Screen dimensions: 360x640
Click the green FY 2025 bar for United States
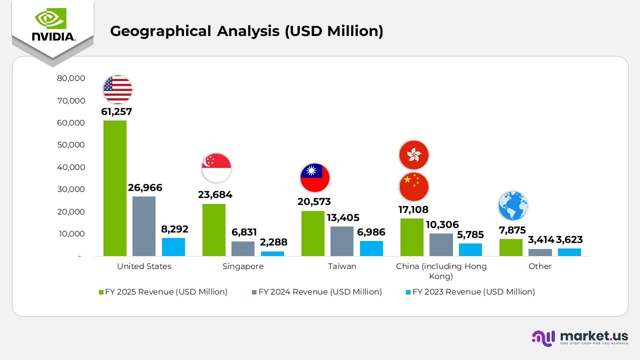(114, 188)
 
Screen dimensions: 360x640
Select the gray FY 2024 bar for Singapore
(243, 248)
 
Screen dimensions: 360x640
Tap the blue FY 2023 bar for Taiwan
(371, 248)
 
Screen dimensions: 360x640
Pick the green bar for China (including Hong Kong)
(411, 237)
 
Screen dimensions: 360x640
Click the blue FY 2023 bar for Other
(569, 252)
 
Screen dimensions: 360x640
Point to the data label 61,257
(116, 112)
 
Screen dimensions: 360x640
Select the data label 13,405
(342, 217)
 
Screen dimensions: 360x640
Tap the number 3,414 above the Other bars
(541, 239)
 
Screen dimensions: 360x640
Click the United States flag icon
(118, 89)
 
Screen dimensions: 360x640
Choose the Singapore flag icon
(216, 168)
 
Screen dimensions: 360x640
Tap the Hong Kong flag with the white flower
(414, 155)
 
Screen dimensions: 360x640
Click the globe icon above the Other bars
(513, 205)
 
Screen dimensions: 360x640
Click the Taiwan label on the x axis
(342, 266)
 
